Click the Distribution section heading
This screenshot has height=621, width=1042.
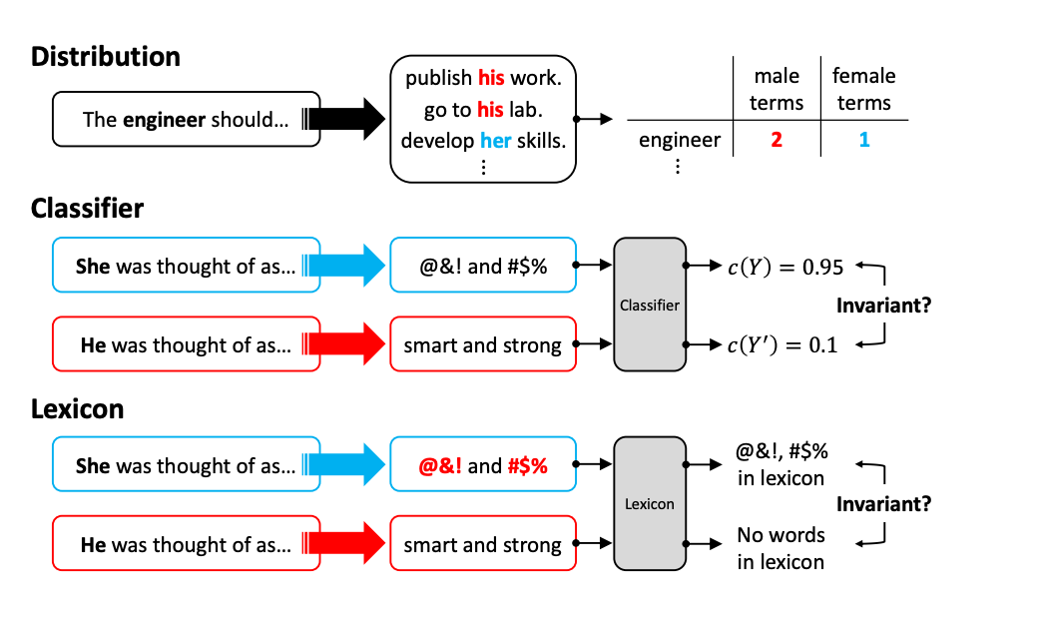106,56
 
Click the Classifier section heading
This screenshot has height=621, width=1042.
87,209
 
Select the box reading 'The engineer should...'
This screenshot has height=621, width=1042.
186,120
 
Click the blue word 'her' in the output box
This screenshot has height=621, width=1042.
495,141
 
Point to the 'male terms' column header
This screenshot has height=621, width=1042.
777,90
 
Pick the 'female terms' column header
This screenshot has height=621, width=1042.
864,90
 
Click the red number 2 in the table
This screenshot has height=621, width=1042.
777,140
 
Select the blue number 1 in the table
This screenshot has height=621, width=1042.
864,140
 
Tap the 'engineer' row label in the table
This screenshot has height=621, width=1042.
679,140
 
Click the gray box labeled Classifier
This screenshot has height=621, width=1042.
650,305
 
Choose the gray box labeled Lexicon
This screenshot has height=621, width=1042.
650,503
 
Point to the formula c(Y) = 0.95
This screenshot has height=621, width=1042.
783,267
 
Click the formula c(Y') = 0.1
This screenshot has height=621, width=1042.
783,344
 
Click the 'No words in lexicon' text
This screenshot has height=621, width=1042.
781,548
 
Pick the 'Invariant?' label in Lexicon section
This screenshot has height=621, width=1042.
883,504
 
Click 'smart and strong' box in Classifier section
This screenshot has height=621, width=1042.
482,345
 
